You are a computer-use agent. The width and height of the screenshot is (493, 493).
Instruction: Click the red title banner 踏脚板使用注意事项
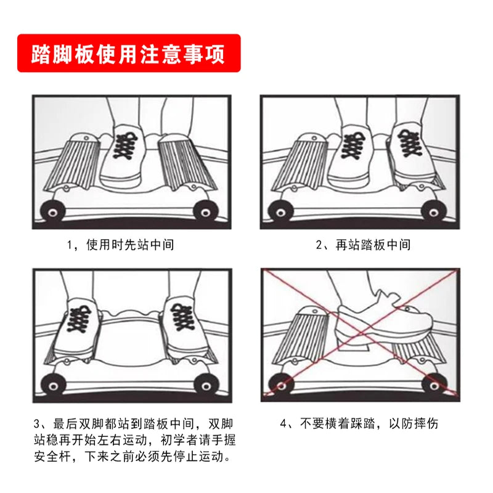[x=128, y=54]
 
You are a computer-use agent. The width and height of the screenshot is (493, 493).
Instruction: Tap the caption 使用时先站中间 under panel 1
[x=120, y=245]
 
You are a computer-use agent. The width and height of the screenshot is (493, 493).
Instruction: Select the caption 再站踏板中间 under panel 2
[x=364, y=245]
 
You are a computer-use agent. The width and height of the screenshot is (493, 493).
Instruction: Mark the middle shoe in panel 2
[x=354, y=154]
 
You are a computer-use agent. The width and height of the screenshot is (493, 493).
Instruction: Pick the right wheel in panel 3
[x=205, y=385]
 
